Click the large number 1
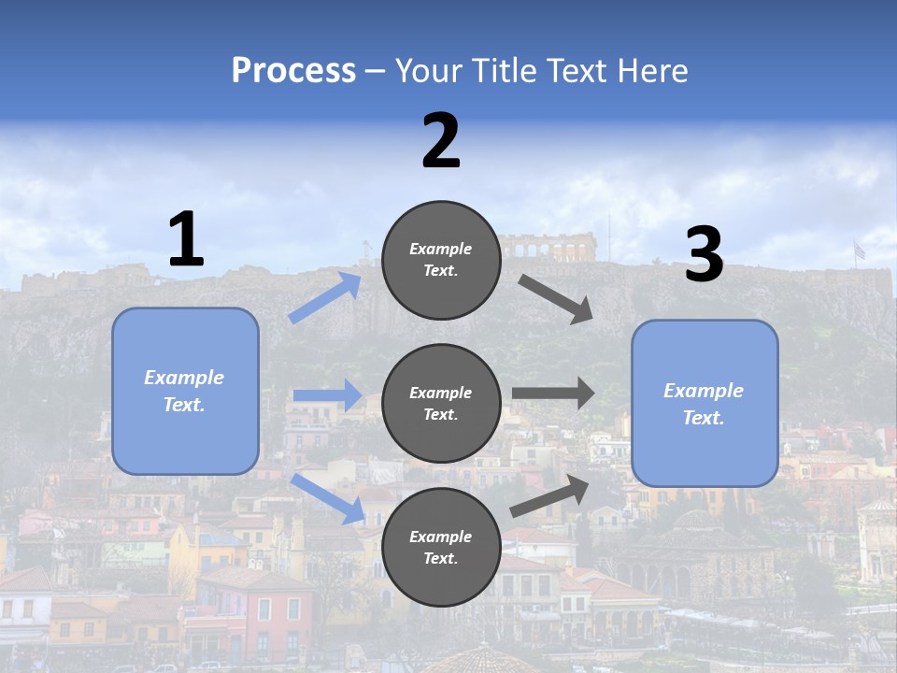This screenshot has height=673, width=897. coord(186,240)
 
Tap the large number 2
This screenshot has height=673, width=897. coord(441,142)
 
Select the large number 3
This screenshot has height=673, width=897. coord(704,256)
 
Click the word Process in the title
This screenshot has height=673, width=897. coord(293,70)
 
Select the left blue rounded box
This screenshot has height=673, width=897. coord(185,391)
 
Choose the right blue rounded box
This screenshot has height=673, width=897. coord(705,404)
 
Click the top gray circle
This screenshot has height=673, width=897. coord(441,260)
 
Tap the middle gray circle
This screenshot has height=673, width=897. coord(441,404)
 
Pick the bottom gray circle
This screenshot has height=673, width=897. coord(441,547)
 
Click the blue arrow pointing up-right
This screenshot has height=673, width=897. coord(326,297)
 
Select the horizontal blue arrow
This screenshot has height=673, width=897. coord(327,395)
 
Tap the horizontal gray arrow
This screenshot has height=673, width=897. coord(553,394)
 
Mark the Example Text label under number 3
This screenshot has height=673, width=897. coord(704,404)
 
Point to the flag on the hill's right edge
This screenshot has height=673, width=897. coord(859,251)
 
